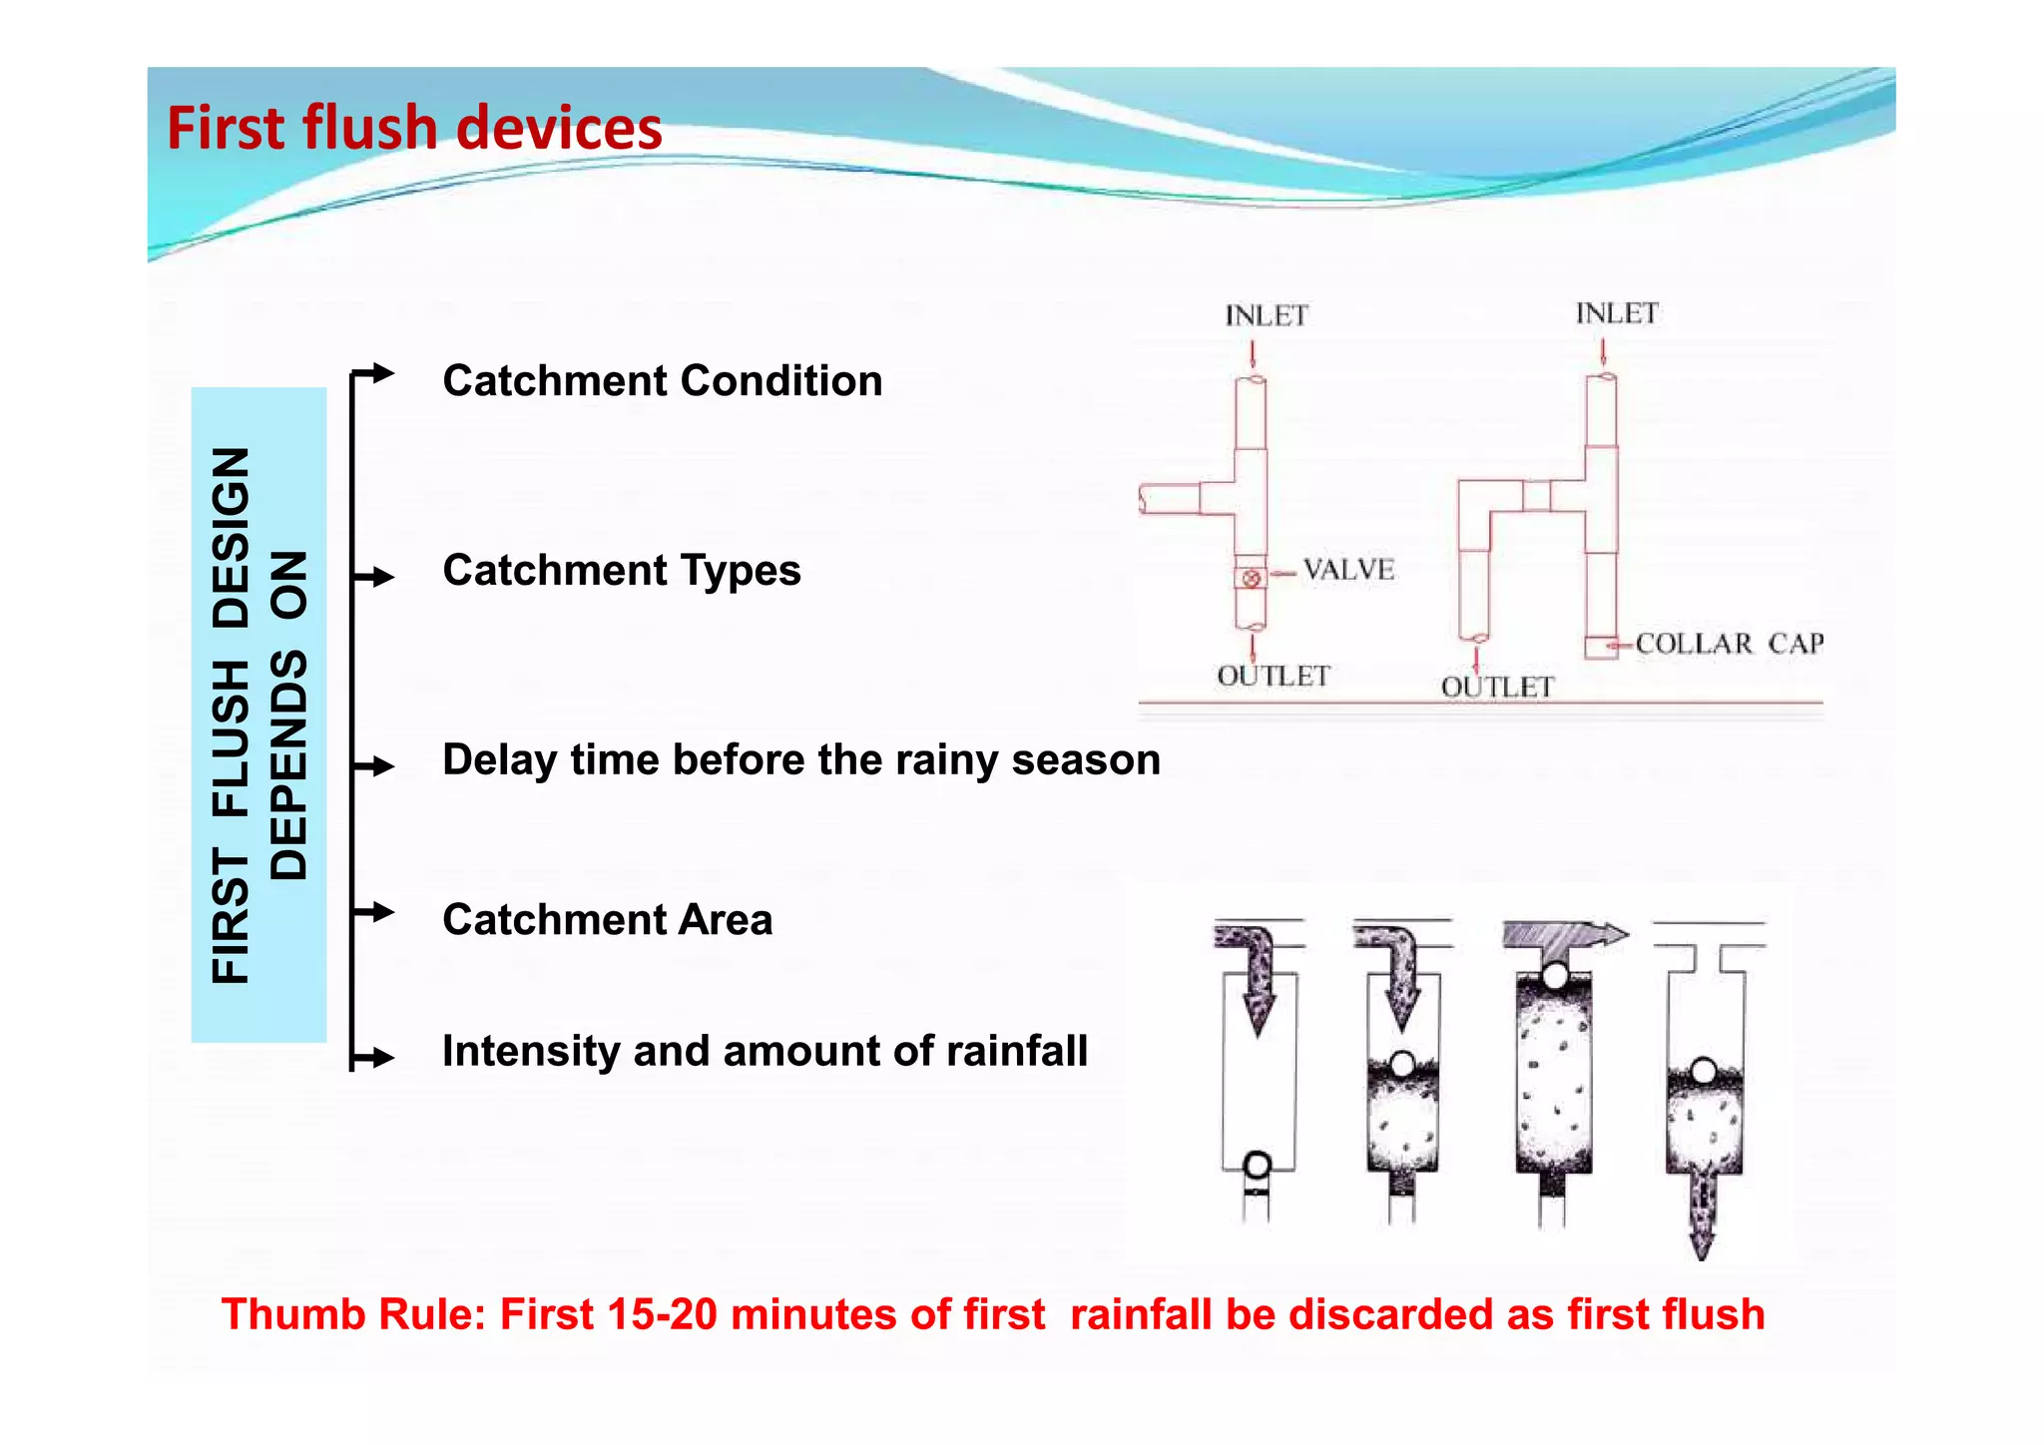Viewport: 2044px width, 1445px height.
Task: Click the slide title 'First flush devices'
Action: [x=414, y=129]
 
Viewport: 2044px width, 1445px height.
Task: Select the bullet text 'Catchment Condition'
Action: [x=662, y=381]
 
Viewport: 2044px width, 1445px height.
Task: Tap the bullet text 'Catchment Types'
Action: [x=621, y=571]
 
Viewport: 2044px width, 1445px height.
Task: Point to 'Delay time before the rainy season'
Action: [x=800, y=760]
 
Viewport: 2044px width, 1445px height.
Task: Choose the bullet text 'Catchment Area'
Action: [x=607, y=920]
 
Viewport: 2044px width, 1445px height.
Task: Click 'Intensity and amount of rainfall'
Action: [x=765, y=1052]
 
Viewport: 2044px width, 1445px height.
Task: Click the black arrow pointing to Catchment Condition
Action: [x=375, y=374]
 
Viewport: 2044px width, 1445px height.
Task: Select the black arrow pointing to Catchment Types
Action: [x=375, y=577]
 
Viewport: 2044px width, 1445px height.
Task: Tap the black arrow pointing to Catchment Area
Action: [x=375, y=912]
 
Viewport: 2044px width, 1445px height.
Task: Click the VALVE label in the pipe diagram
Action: [x=1348, y=570]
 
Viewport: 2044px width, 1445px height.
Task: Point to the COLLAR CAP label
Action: [x=1729, y=644]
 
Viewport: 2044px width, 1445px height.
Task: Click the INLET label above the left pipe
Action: [x=1266, y=316]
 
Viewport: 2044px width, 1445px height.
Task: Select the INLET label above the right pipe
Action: [x=1616, y=314]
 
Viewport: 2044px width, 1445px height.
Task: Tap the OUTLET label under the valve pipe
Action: [x=1274, y=677]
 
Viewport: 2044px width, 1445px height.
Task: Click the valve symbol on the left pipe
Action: [x=1251, y=578]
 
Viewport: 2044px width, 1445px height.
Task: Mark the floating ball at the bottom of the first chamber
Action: [x=1258, y=1165]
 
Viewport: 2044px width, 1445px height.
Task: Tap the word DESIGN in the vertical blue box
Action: [x=232, y=537]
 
